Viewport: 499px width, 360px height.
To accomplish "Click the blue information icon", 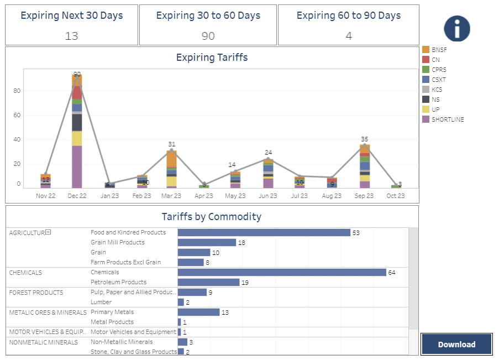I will coord(456,28).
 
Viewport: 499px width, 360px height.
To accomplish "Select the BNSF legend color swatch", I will coord(426,50).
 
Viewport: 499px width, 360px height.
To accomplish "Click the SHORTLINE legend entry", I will coord(448,119).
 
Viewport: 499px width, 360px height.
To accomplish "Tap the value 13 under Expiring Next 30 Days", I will coord(71,36).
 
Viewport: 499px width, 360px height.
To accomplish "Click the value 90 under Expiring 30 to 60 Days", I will coord(208,36).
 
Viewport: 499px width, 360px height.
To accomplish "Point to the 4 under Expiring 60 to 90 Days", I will coord(349,36).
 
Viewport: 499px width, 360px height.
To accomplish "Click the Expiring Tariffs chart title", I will coord(212,58).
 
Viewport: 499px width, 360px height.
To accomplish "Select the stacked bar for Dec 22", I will coord(77,133).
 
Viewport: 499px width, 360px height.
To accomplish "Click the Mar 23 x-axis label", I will coord(171,196).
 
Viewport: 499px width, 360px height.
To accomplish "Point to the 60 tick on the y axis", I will coord(17,115).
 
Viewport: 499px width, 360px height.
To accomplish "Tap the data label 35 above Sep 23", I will coord(364,139).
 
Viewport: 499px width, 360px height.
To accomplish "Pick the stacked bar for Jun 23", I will coord(268,174).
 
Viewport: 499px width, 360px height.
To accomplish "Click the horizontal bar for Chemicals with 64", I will coord(282,272).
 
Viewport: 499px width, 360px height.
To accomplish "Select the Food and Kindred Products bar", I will coord(264,232).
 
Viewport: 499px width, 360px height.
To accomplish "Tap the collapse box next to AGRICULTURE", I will coord(48,232).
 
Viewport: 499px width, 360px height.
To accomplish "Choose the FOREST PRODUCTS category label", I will coord(36,293).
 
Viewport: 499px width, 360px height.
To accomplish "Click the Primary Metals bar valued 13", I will coord(198,312).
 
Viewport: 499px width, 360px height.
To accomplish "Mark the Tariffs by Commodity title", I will coord(212,217).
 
